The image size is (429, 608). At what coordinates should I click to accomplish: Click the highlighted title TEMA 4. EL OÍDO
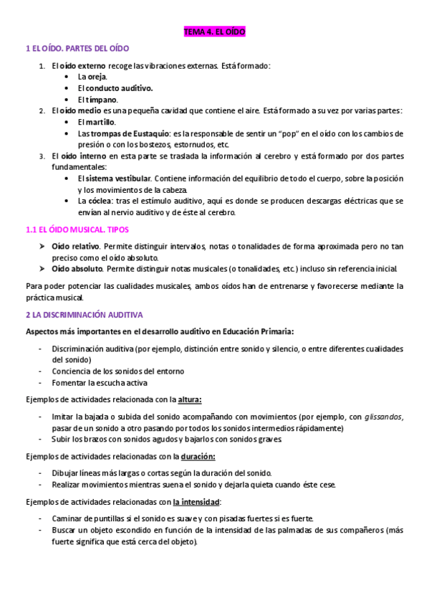214,33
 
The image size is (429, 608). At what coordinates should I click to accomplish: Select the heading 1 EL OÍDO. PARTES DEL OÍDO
77,49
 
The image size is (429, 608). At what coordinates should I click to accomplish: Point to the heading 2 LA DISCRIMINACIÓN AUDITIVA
85,315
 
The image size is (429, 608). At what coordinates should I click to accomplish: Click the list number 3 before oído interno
42,156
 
